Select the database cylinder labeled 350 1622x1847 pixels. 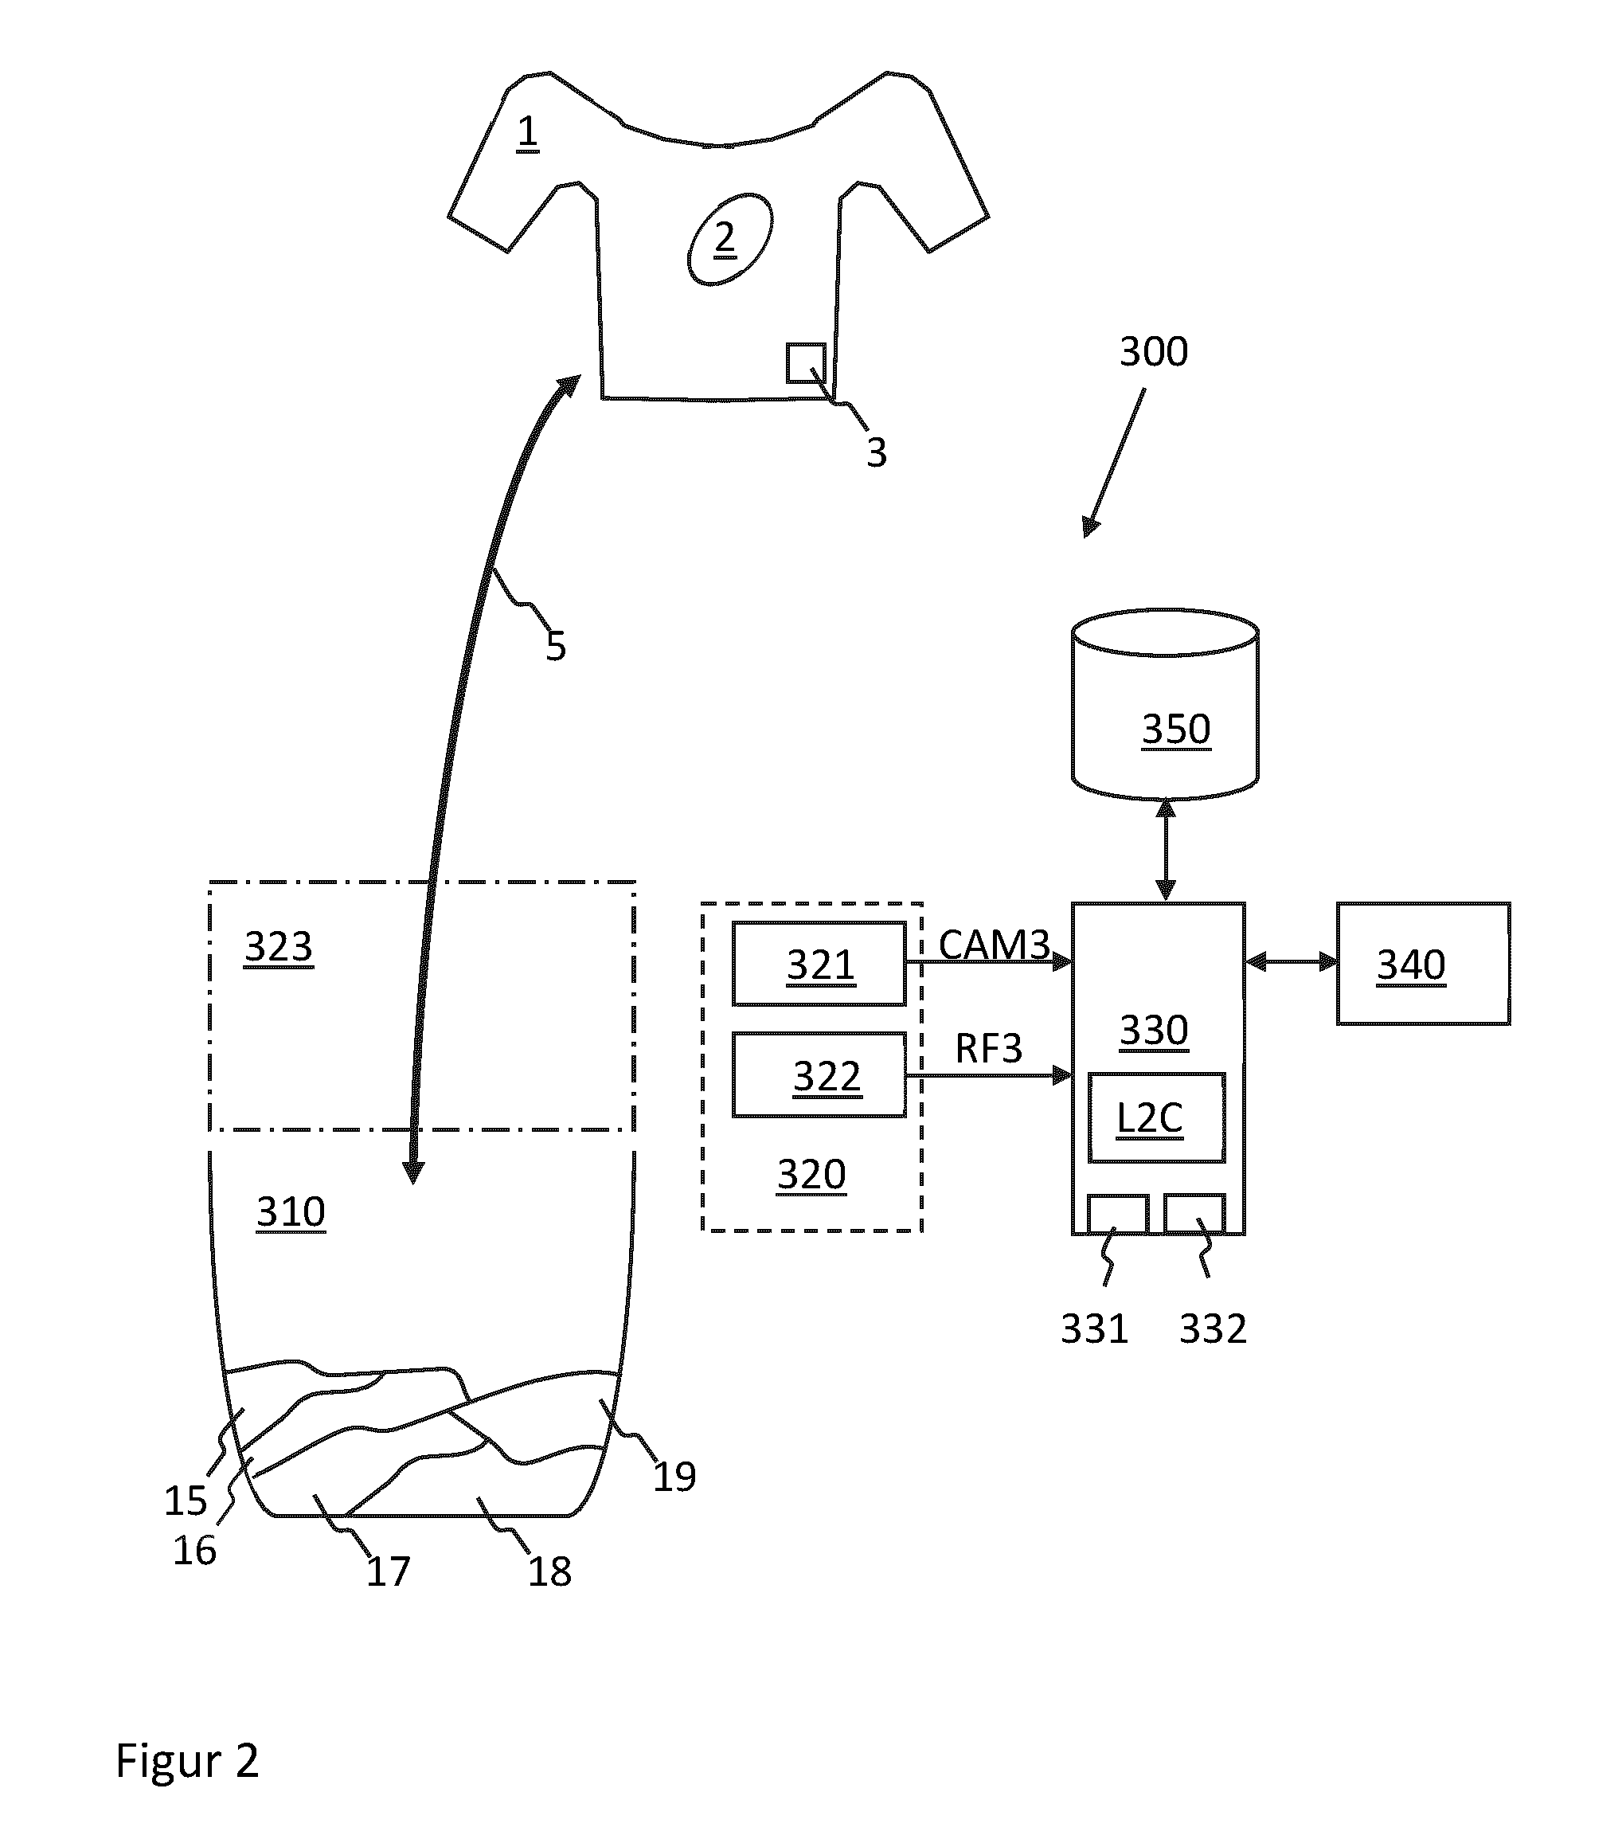(x=1165, y=704)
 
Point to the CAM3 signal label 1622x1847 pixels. (x=994, y=945)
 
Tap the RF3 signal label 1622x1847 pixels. (x=988, y=1049)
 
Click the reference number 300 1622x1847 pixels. (x=1154, y=351)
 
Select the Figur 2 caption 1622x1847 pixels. (x=187, y=1761)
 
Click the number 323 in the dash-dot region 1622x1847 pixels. (x=279, y=947)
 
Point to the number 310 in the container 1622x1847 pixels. (x=290, y=1211)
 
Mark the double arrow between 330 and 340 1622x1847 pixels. (x=1292, y=961)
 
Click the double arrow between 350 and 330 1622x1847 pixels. (x=1166, y=851)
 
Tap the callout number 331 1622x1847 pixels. (x=1094, y=1329)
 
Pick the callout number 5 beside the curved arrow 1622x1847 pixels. (x=556, y=647)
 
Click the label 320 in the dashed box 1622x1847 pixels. (x=811, y=1175)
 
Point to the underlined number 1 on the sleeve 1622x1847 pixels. (x=527, y=133)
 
